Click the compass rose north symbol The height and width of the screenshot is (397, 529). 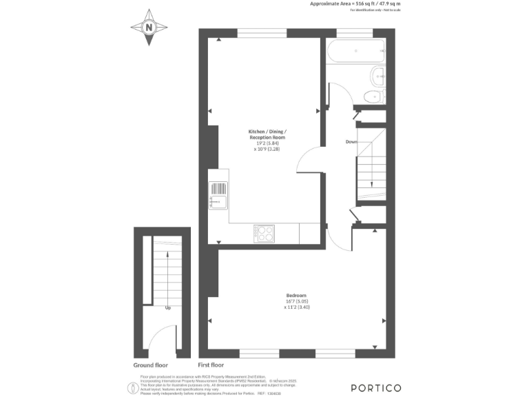pos(149,28)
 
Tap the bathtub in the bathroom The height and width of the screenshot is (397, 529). pos(356,50)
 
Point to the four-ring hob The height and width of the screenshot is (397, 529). pos(264,234)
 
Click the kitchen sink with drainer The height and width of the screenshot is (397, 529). pos(218,195)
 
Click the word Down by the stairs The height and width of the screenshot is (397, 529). pos(351,142)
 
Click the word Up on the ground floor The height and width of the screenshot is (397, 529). pos(167,308)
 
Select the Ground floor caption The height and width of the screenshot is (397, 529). pos(151,365)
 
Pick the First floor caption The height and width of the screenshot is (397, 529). pos(211,365)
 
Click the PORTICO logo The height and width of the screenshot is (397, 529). pos(375,387)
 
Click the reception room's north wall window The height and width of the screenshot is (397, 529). pos(262,32)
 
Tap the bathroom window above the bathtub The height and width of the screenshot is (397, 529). pos(355,32)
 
